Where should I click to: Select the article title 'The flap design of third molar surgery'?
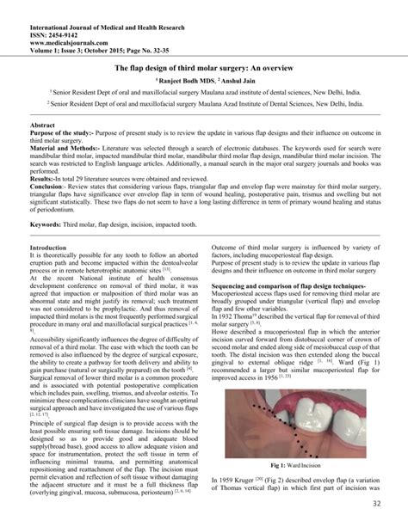204,64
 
